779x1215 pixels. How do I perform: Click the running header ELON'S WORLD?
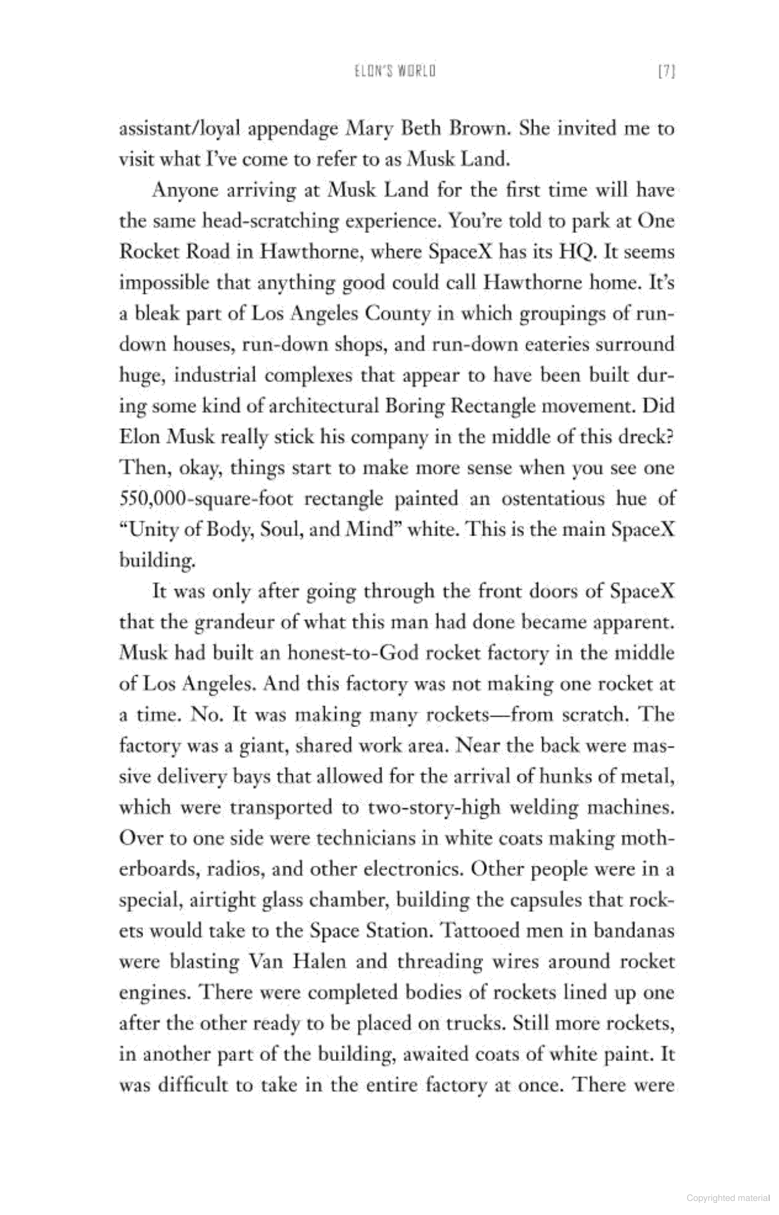395,71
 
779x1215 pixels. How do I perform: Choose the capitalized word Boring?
413,406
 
